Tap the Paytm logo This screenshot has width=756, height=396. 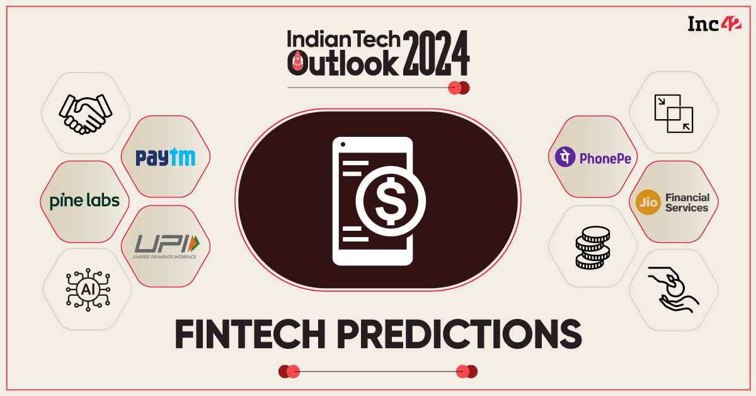point(165,157)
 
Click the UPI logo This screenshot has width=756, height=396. point(165,246)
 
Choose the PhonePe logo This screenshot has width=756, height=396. point(593,157)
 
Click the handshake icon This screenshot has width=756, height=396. point(85,113)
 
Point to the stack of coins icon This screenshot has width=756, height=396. point(593,248)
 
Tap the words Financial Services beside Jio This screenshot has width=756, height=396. point(687,202)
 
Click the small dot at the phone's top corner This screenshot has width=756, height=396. point(343,146)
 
